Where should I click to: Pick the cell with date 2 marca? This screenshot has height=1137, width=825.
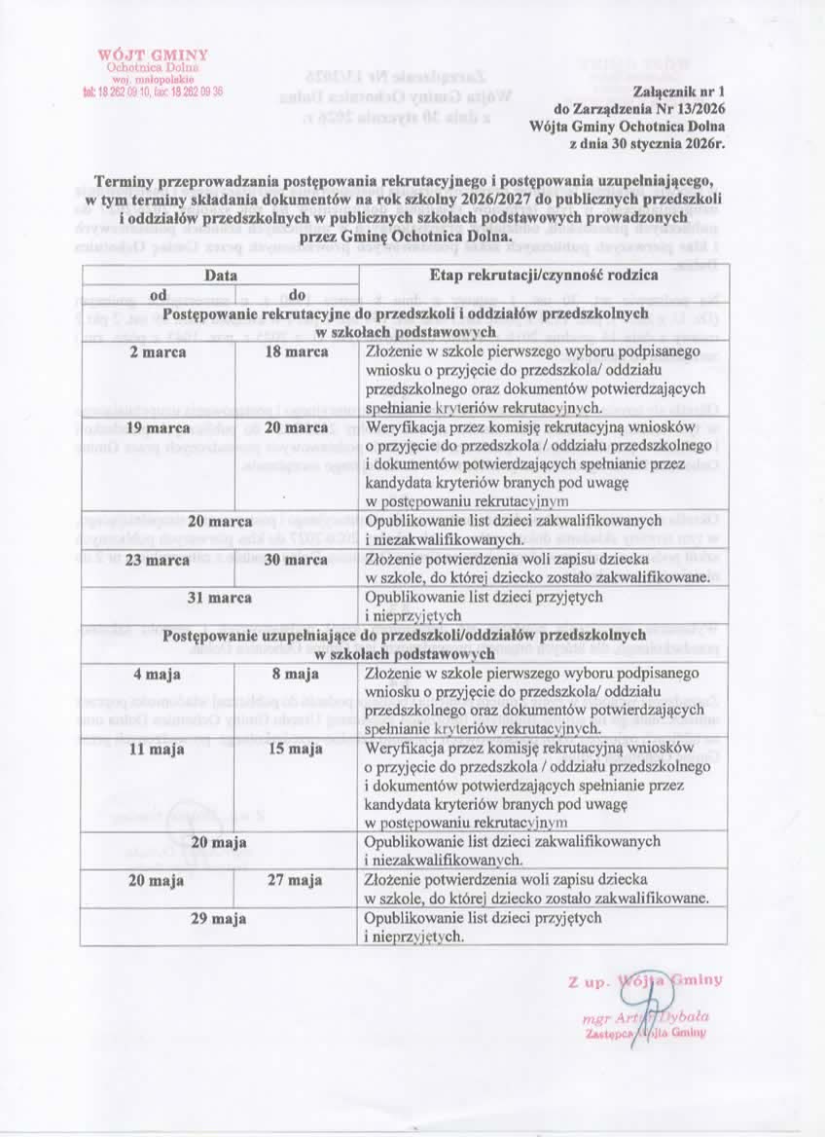[x=158, y=352]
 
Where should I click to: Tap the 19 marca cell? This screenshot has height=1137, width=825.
[x=158, y=427]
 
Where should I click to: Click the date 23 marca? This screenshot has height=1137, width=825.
[x=158, y=560]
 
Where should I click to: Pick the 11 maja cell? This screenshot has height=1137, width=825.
[x=158, y=749]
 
